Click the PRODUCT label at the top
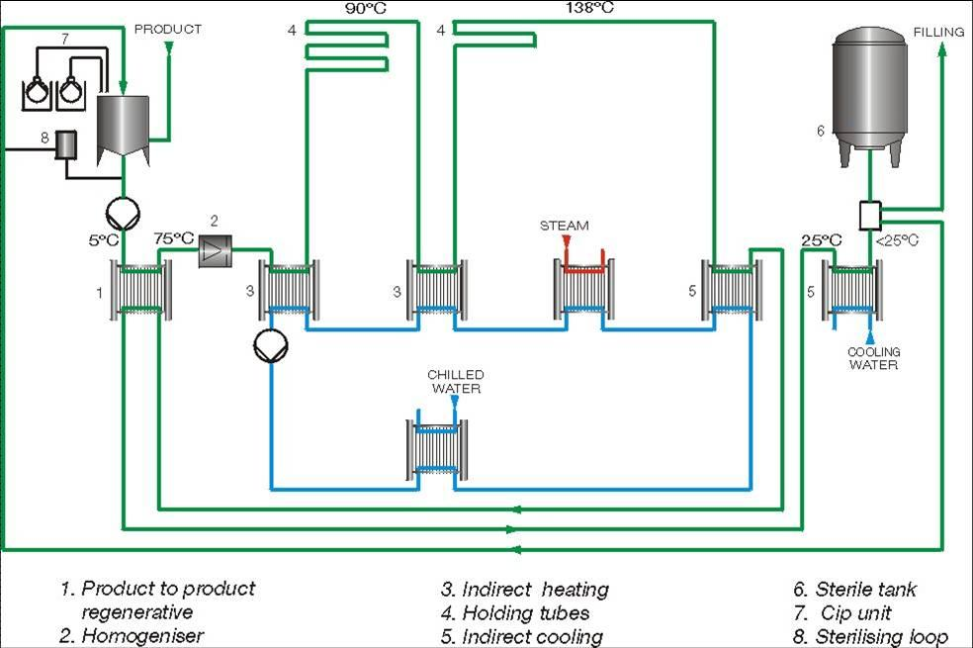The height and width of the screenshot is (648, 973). (168, 30)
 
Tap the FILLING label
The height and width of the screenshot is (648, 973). (938, 32)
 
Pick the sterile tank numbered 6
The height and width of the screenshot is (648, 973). (870, 94)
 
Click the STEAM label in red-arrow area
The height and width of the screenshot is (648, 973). (564, 226)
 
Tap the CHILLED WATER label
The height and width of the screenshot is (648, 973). (455, 381)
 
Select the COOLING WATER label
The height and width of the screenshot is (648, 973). (873, 358)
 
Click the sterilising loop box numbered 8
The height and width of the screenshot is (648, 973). (67, 145)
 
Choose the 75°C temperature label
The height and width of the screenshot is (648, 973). (174, 238)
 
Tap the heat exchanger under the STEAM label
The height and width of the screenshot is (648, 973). (583, 289)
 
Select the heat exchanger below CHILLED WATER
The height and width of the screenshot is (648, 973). (437, 451)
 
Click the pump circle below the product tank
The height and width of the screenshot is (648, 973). (122, 211)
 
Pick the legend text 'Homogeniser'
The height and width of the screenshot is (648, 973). (133, 635)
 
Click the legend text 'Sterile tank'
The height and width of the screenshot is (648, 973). (857, 590)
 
